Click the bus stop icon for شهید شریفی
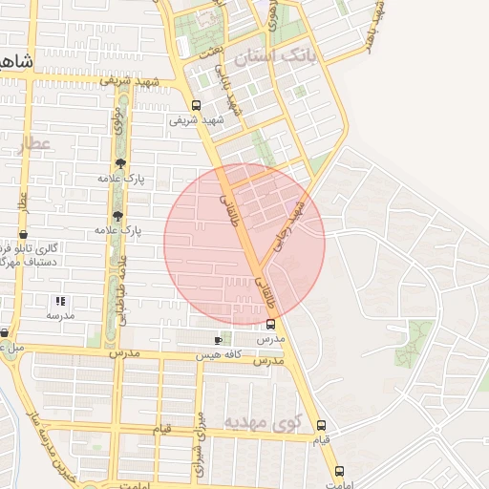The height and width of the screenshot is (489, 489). (196, 106)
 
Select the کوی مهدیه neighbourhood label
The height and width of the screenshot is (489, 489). (262, 420)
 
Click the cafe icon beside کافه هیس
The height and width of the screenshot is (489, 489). (219, 340)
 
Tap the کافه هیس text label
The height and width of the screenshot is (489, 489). (218, 354)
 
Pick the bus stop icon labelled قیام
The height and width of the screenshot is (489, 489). (321, 425)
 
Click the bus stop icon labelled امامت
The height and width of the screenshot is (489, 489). (339, 471)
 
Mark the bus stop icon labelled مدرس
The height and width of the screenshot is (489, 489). (270, 325)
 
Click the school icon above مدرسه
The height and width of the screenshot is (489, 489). (60, 301)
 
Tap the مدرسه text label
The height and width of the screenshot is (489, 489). (60, 314)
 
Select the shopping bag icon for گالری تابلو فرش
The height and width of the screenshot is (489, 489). (23, 234)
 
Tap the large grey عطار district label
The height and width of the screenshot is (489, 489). (33, 144)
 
